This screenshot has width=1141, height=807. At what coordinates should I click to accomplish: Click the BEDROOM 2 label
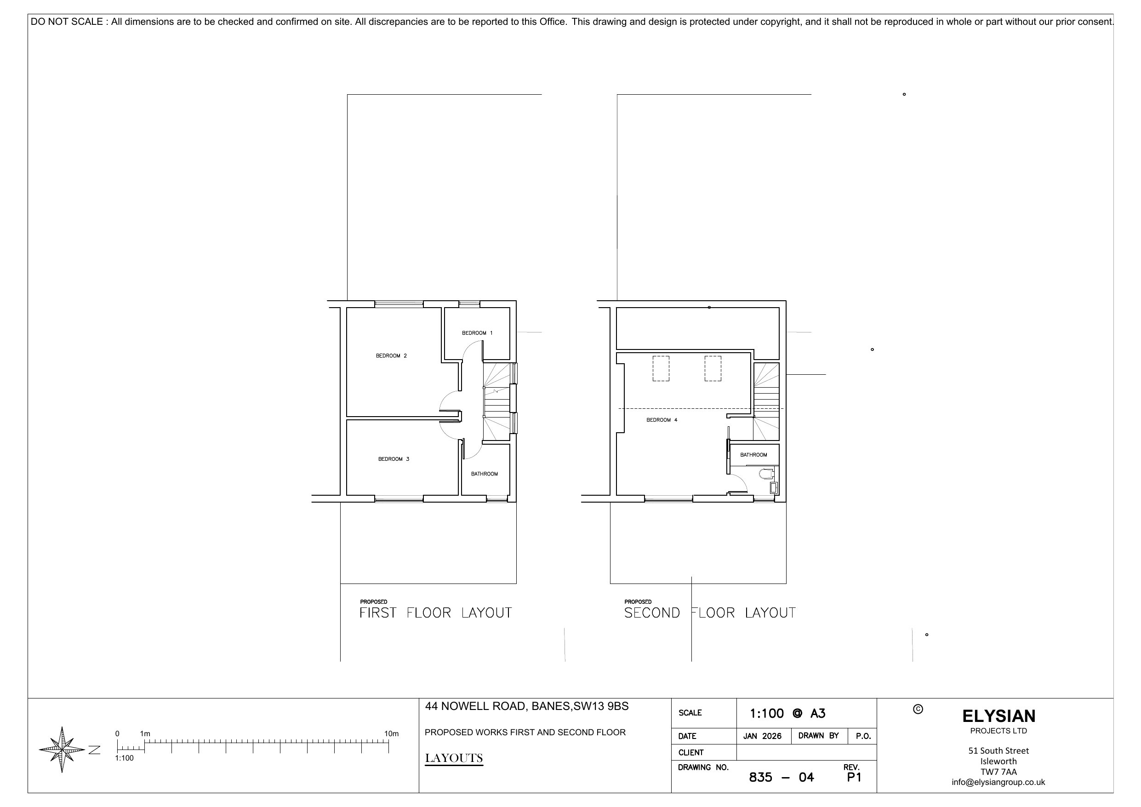(391, 355)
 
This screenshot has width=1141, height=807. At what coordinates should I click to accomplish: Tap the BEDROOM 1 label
(477, 332)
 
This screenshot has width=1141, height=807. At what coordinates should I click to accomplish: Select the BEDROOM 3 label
(394, 459)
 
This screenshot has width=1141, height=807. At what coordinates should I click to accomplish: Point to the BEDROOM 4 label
(662, 420)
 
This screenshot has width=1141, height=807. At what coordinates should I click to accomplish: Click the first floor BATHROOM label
(484, 474)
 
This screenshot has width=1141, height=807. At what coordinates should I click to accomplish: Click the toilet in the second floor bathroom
(766, 473)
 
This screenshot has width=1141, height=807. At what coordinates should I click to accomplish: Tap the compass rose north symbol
(62, 750)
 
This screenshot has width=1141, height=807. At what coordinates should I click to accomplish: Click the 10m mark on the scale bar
(391, 733)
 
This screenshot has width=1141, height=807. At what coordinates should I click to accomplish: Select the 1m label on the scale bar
(145, 733)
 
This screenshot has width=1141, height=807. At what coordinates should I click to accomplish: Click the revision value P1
(854, 777)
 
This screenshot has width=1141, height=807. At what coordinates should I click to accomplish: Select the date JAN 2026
(762, 736)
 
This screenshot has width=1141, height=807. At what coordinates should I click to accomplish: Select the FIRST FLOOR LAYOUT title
(435, 612)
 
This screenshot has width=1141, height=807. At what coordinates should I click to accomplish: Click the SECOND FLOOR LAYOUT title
(710, 612)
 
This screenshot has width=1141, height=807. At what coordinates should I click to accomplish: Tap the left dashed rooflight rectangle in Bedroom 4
(661, 368)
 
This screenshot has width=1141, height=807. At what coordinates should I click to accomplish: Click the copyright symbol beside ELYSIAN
(918, 709)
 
